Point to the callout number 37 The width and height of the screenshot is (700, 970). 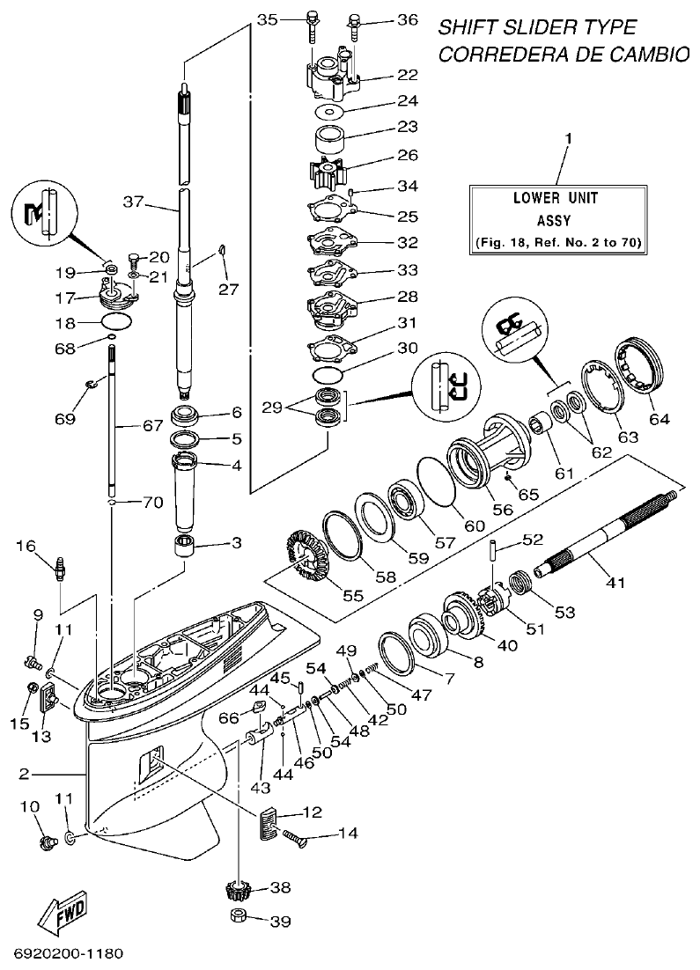pos(132,202)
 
